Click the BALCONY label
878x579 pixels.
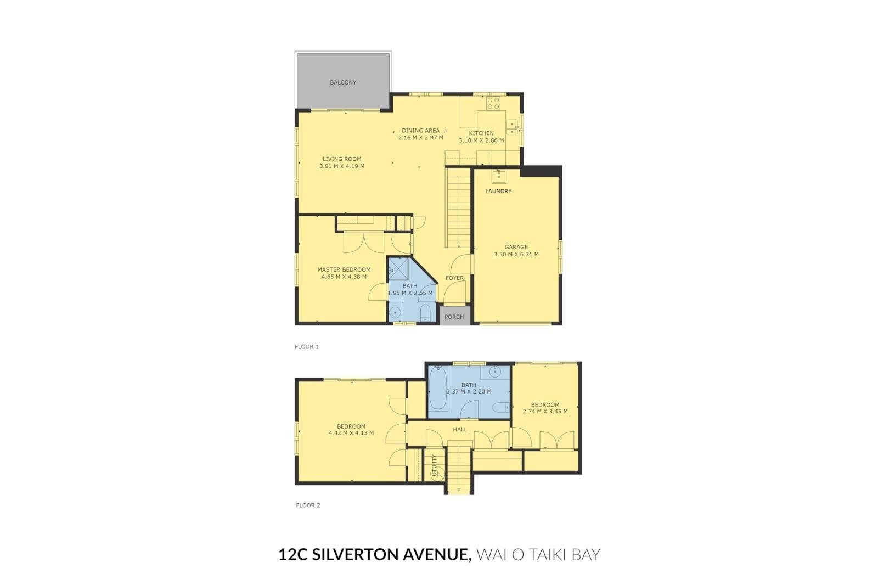[343, 82]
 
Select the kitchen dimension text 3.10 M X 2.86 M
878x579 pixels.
[481, 140]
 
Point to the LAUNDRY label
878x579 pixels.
[498, 192]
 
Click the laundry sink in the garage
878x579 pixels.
[499, 177]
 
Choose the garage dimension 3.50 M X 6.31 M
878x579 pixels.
[516, 254]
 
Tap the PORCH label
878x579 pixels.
[454, 317]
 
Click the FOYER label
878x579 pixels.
[455, 278]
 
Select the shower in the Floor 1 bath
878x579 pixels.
[398, 268]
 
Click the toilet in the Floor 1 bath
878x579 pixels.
[425, 312]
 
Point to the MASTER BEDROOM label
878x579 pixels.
[344, 269]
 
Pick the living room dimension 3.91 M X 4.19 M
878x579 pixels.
[342, 166]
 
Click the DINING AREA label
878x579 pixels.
[420, 131]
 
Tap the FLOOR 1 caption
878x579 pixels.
[307, 347]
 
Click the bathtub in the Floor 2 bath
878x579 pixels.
[438, 387]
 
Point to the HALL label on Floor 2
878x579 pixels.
[460, 429]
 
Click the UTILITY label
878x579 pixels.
[434, 465]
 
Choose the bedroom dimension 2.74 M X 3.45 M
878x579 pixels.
[545, 411]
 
